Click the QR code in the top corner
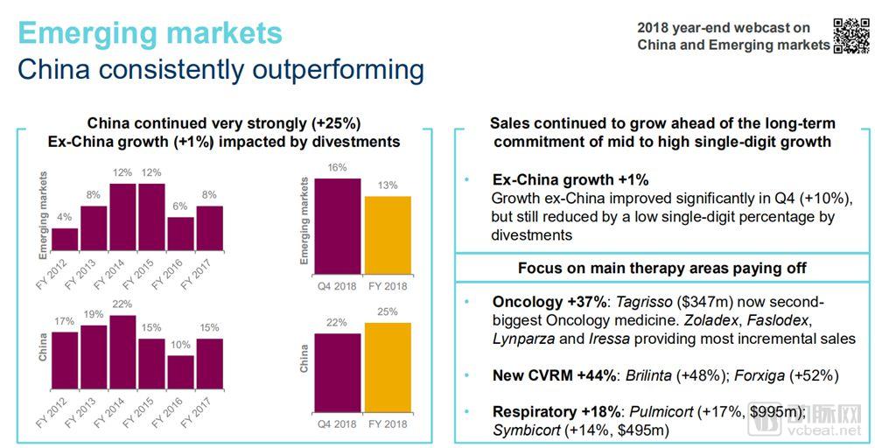pyautogui.click(x=850, y=36)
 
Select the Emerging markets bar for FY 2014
pyautogui.click(x=122, y=216)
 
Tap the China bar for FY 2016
pyautogui.click(x=180, y=370)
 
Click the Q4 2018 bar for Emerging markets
pyautogui.click(x=338, y=226)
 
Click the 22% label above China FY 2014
pyautogui.click(x=122, y=304)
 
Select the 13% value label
pyautogui.click(x=387, y=185)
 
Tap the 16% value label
pyautogui.click(x=338, y=167)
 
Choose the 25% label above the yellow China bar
pyautogui.click(x=387, y=311)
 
